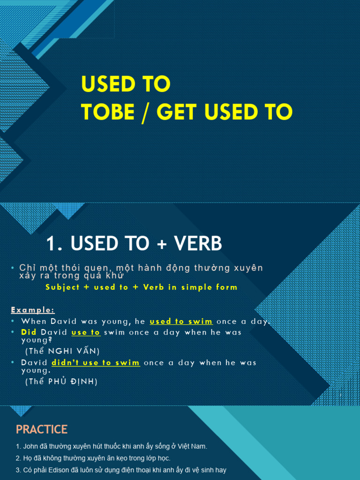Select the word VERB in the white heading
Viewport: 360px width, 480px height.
point(198,244)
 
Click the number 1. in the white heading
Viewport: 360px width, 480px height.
point(55,244)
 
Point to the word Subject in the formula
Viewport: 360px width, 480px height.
point(62,287)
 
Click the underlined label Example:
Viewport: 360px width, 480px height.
point(33,310)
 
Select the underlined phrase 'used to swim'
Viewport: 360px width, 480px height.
point(181,322)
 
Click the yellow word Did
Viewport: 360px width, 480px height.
point(29,332)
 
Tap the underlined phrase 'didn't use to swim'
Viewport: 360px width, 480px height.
point(96,363)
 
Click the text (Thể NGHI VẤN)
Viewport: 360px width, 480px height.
point(62,351)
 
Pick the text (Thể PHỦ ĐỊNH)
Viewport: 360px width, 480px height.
point(61,382)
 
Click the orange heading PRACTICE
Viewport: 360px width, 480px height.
point(42,429)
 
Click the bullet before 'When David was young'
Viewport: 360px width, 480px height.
point(13,322)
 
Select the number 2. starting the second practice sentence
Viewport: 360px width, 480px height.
point(18,458)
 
